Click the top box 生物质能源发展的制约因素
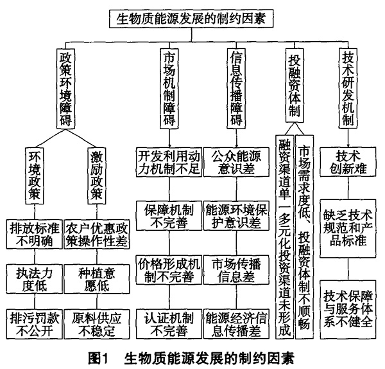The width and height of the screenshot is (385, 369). click(191, 19)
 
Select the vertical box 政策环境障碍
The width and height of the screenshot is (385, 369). click(65, 89)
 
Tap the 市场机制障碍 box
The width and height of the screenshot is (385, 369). click(169, 89)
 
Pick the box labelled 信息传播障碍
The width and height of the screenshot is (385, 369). click(236, 89)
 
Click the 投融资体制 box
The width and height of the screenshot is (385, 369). click(295, 85)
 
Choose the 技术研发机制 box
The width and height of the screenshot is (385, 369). click(348, 88)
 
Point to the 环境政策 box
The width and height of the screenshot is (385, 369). click(35, 176)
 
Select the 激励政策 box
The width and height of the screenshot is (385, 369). click(97, 176)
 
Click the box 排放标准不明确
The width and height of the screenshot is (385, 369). click(35, 235)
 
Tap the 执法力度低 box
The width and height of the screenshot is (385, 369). click(35, 279)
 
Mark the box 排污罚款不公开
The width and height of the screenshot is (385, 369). click(35, 324)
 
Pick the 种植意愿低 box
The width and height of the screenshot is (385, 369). click(97, 279)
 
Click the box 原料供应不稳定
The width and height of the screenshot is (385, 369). click(97, 324)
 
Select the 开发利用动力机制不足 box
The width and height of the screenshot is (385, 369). click(169, 162)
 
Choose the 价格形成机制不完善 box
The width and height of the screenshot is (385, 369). click(169, 270)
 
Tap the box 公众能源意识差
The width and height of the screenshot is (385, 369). click(236, 162)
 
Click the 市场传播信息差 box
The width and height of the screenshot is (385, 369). click(236, 270)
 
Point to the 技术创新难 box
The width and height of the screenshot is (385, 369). click(348, 162)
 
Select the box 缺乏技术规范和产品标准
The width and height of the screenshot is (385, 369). click(348, 228)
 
